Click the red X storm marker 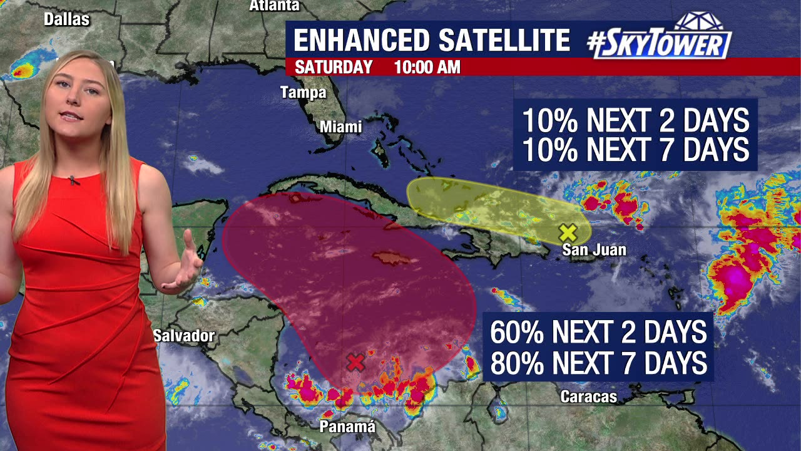pyautogui.click(x=355, y=362)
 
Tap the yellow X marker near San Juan pyautogui.click(x=568, y=233)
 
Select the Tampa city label pyautogui.click(x=303, y=93)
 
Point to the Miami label pyautogui.click(x=341, y=127)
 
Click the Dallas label pyautogui.click(x=66, y=19)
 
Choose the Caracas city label pyautogui.click(x=588, y=397)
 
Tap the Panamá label pyautogui.click(x=347, y=427)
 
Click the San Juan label pyautogui.click(x=594, y=250)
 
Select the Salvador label pyautogui.click(x=184, y=336)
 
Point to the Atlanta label pyautogui.click(x=274, y=6)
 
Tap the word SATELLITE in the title pyautogui.click(x=504, y=40)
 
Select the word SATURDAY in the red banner pyautogui.click(x=334, y=67)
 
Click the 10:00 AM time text pyautogui.click(x=427, y=67)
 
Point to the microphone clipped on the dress pyautogui.click(x=74, y=180)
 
